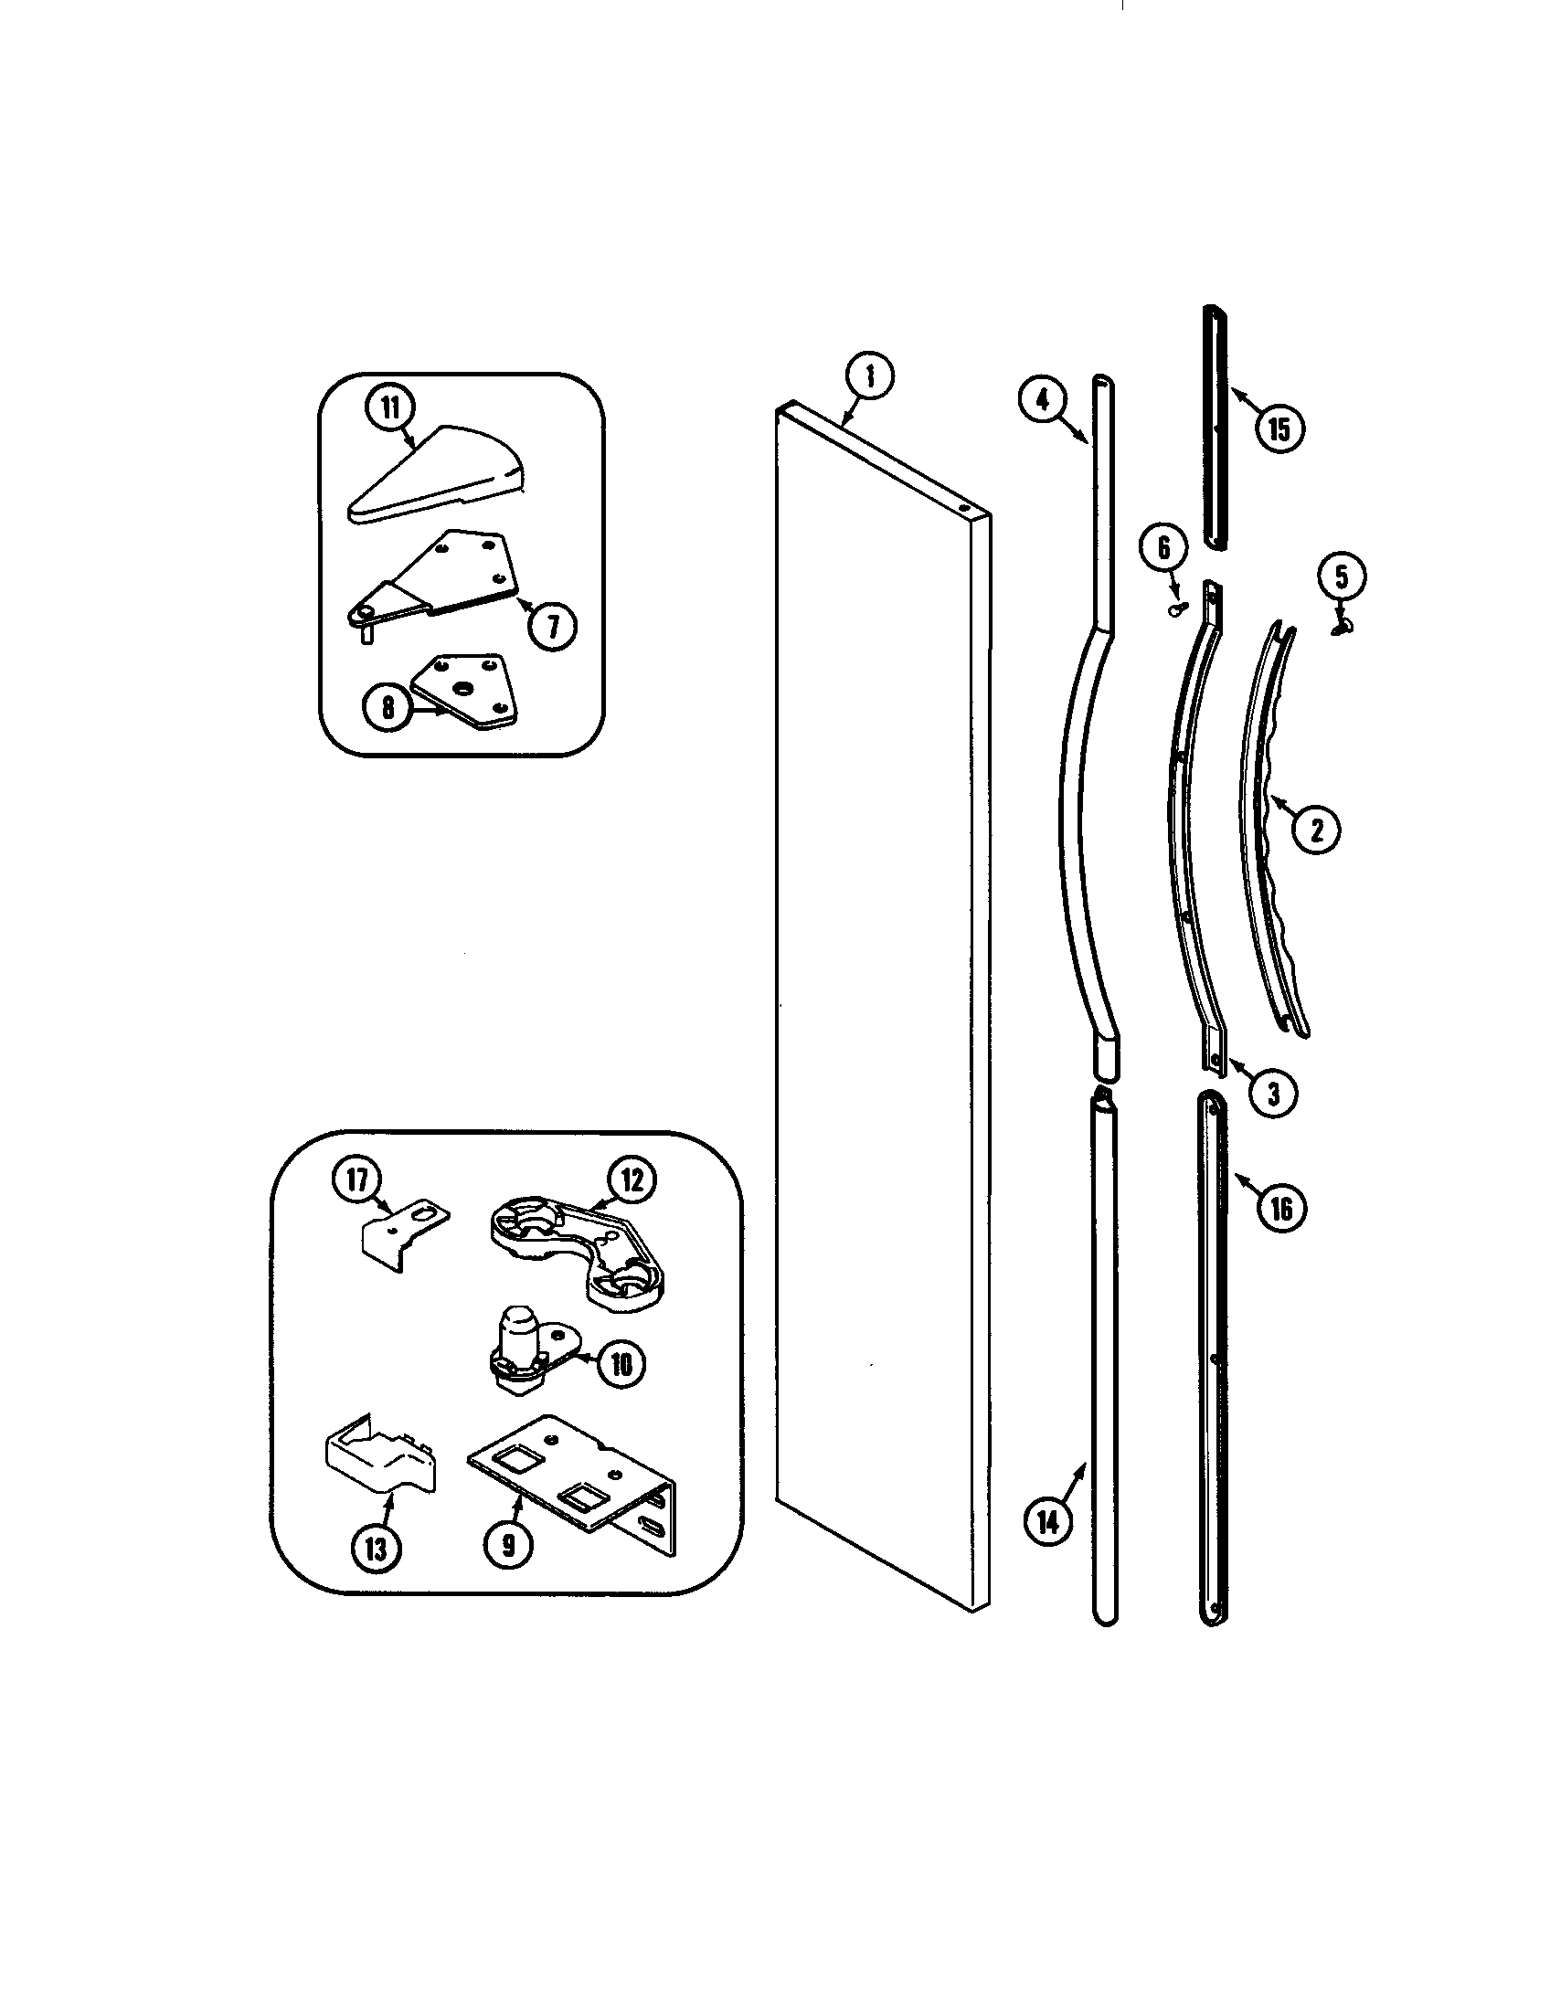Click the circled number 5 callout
(x=1341, y=577)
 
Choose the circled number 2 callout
(x=1315, y=830)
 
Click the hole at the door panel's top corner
(x=962, y=508)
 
